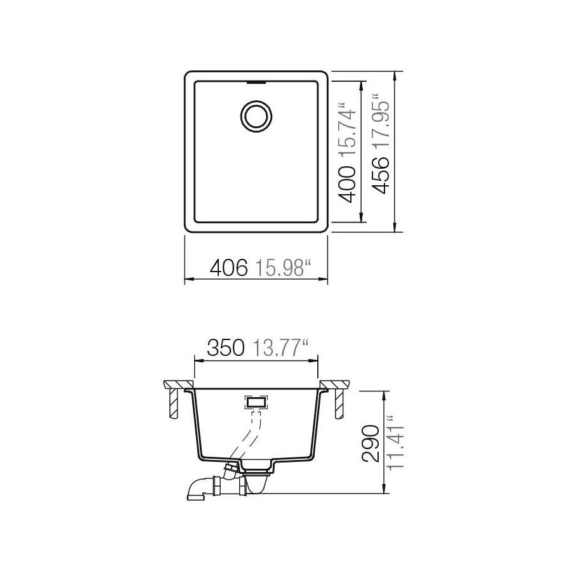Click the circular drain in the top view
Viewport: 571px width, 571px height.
tap(256, 115)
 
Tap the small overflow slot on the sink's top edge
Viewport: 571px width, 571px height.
tap(256, 82)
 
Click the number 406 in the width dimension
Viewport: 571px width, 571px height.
tap(228, 268)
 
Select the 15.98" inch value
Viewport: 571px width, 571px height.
tap(282, 268)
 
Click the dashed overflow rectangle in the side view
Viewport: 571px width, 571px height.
tap(256, 402)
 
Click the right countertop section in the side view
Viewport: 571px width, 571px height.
tap(335, 384)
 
